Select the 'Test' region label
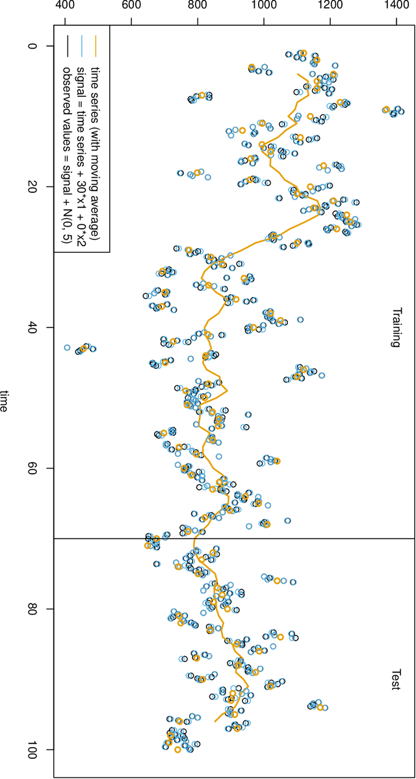tap(395, 680)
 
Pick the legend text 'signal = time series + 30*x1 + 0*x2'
tap(81, 156)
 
